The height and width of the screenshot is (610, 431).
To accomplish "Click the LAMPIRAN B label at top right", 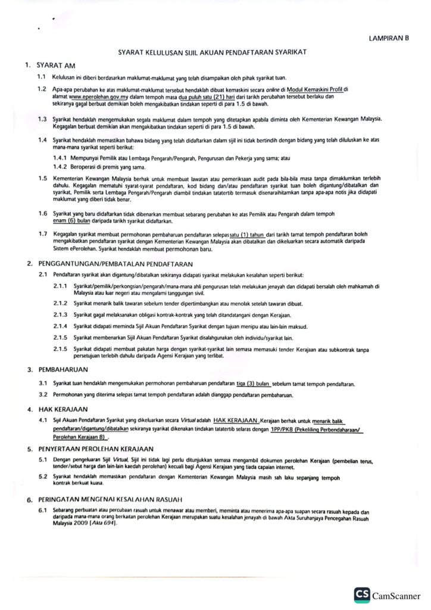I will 390,38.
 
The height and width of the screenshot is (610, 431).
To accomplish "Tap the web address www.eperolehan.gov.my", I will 90,95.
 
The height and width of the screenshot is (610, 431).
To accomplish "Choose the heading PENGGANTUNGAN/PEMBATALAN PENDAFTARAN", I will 113,263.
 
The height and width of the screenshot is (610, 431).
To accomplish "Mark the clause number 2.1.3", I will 61,314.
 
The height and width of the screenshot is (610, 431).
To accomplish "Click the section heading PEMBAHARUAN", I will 60,370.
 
